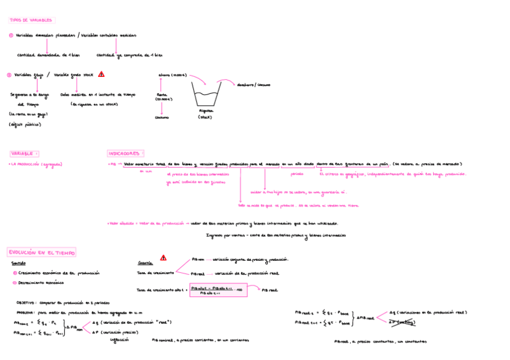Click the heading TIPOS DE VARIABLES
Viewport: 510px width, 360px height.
[31, 20]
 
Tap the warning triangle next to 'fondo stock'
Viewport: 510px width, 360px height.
[101, 75]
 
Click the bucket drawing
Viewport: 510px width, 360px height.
[206, 94]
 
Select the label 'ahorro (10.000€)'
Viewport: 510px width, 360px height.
[173, 76]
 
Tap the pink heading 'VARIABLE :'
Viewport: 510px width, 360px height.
[25, 154]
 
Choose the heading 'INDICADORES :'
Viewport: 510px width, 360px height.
[126, 153]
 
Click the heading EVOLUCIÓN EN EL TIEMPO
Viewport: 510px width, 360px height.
[41, 252]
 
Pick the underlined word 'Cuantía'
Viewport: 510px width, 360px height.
[145, 263]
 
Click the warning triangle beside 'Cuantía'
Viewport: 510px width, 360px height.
[163, 258]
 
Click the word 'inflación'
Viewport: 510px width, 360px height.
[119, 340]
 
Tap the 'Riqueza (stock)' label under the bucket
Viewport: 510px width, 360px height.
[206, 114]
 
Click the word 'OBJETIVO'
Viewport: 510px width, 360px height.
[25, 303]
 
